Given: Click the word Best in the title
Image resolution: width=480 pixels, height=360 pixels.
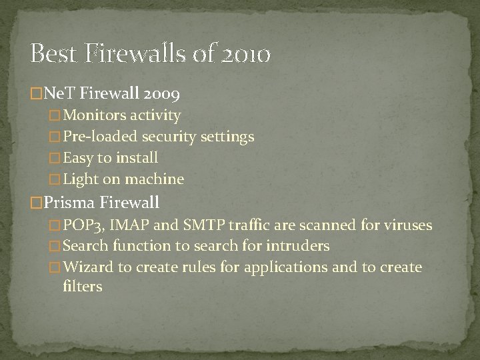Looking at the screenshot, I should pos(53,54).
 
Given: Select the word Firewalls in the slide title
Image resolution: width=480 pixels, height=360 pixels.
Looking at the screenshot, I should pos(141,54).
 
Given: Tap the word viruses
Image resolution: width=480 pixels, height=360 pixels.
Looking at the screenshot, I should pos(407,225).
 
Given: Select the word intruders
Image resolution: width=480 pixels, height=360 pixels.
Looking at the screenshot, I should pos(297,247).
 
